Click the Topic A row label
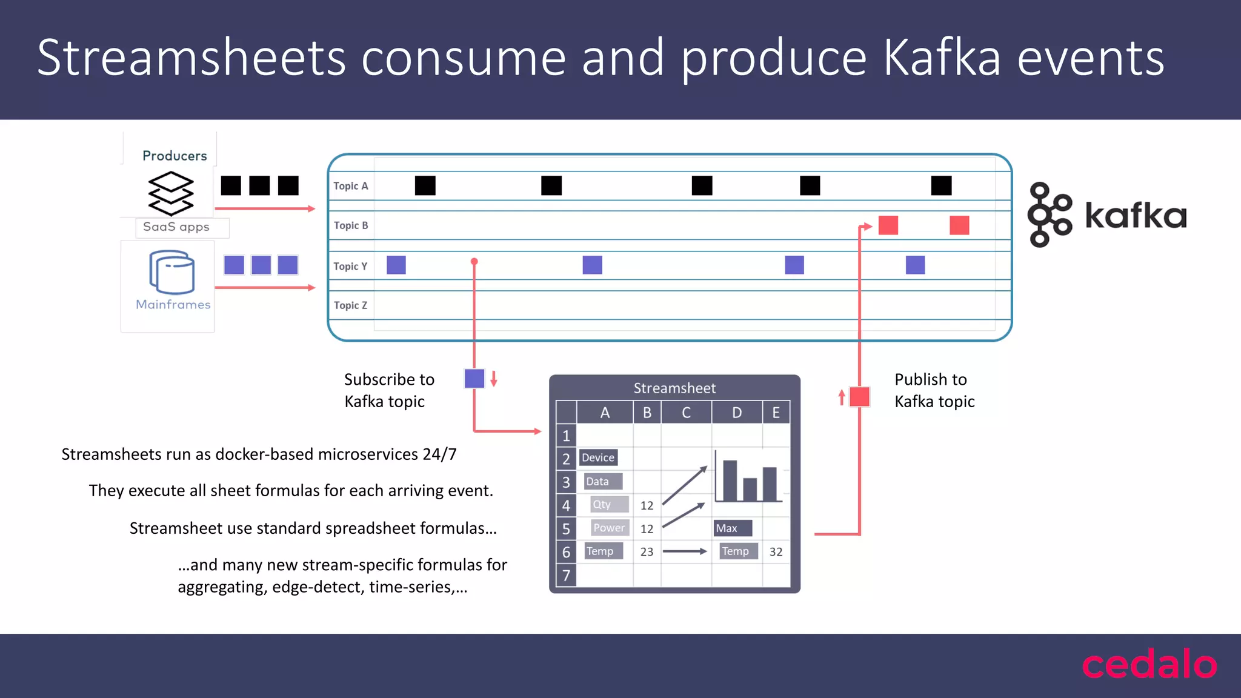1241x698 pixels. pos(350,186)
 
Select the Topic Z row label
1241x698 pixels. pos(350,305)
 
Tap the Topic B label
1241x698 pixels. pos(351,225)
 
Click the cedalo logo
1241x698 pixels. pos(1150,665)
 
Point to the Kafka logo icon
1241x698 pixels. pos(1049,215)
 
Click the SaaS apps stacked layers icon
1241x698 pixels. pos(171,193)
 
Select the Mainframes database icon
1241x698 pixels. pos(172,272)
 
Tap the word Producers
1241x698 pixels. pos(175,156)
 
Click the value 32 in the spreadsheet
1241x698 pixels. pos(776,552)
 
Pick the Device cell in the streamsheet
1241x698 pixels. pos(598,457)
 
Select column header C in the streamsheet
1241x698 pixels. pos(686,413)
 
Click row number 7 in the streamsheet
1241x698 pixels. pos(566,575)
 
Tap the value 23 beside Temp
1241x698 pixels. pos(647,552)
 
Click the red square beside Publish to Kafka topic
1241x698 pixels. pos(859,397)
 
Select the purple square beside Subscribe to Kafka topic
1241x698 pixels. pos(474,378)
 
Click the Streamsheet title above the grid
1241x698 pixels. pos(674,388)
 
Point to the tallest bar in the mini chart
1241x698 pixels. pos(730,480)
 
